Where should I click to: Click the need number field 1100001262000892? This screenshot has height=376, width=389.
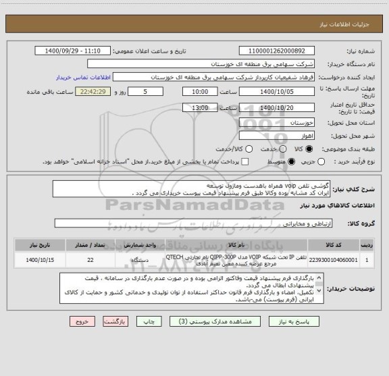point(282,51)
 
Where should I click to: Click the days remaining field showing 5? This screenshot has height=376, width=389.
point(147,91)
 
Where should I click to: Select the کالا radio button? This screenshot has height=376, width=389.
point(309,149)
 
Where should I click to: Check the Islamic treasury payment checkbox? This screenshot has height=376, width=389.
point(245,162)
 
